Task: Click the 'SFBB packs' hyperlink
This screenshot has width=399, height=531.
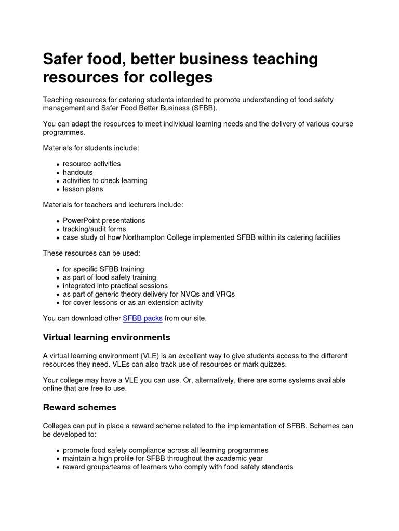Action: point(142,318)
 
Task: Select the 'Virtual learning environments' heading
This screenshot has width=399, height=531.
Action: point(106,337)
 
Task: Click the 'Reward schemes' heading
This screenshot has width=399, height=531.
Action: point(79,407)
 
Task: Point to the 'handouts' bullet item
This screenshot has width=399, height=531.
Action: point(78,172)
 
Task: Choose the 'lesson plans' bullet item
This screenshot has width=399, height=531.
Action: point(83,189)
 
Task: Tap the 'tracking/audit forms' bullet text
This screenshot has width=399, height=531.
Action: point(95,229)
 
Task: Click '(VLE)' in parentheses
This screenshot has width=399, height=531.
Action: point(150,356)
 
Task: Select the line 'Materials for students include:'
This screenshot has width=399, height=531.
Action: point(91,148)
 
